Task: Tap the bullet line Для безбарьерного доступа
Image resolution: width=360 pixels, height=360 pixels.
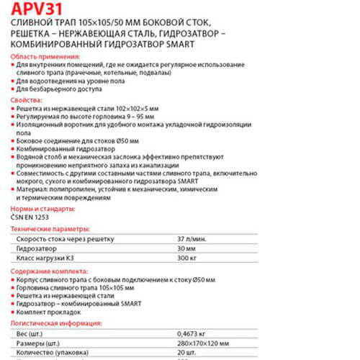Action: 58,89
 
